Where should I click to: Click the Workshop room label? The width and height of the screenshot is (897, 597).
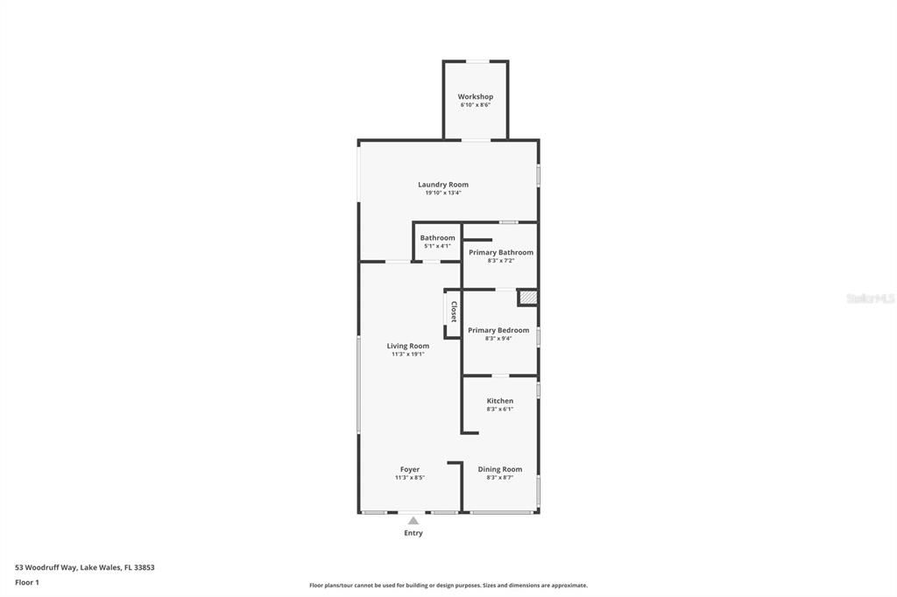(x=475, y=96)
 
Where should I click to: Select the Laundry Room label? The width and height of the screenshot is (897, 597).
(x=442, y=185)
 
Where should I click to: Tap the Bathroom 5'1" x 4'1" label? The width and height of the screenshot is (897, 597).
(x=437, y=238)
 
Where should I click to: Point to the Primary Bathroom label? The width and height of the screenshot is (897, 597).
(x=500, y=252)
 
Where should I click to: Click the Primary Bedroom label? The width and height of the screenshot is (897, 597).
(x=498, y=330)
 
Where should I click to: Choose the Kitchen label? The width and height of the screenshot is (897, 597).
(x=499, y=401)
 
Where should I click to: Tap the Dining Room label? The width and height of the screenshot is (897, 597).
(x=499, y=469)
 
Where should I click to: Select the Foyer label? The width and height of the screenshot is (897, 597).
(x=409, y=469)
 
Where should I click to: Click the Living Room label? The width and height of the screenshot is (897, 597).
(x=407, y=346)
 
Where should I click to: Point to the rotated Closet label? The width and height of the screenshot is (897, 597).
(x=454, y=313)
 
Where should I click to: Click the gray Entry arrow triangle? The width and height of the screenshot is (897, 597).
(x=413, y=521)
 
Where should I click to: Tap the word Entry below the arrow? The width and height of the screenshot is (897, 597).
(x=413, y=533)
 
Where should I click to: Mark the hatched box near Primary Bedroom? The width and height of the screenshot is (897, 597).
(x=527, y=298)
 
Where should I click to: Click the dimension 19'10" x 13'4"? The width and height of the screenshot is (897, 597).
(x=442, y=193)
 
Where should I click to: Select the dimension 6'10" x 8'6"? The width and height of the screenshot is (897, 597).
(x=475, y=105)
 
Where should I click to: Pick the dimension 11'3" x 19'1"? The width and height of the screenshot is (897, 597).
(x=407, y=355)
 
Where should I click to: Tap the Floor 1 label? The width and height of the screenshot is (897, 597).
(x=27, y=582)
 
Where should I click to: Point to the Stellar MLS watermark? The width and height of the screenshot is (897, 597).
(x=870, y=298)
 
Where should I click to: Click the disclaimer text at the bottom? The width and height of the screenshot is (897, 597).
(x=448, y=586)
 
